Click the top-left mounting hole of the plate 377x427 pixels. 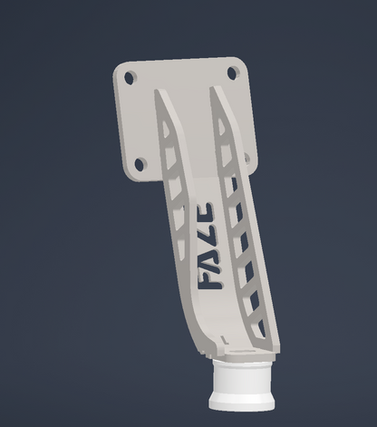point(130,78)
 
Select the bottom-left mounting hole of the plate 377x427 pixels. point(140,164)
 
